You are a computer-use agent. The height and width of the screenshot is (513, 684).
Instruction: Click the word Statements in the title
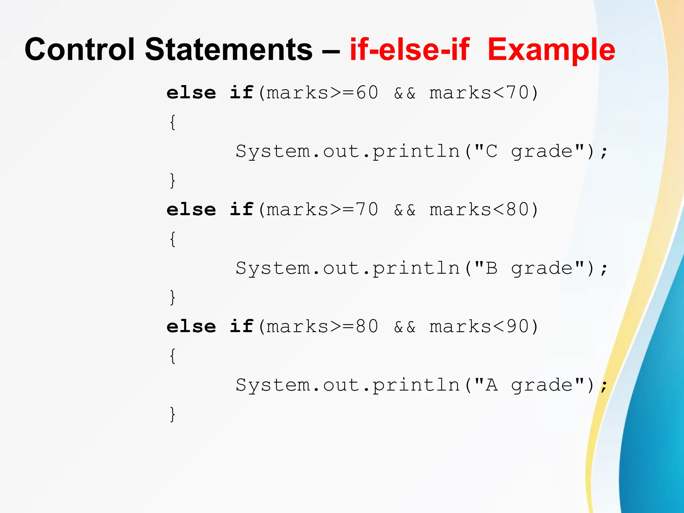point(228,49)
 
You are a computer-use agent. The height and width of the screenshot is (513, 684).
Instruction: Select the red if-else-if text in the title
point(409,49)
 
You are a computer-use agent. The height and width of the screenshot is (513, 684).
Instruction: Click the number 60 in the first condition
point(367,93)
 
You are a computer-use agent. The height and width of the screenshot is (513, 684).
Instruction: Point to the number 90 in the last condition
point(517,326)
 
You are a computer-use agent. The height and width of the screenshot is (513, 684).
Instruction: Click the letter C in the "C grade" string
point(491,151)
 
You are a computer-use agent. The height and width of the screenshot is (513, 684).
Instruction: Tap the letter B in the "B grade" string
point(491,268)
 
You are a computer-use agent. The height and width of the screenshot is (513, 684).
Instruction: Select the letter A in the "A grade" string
point(491,385)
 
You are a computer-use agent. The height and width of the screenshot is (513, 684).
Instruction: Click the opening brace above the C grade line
point(172,122)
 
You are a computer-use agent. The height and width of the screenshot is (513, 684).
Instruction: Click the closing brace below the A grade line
point(172,414)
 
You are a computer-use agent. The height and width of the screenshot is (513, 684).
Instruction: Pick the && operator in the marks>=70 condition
point(405,210)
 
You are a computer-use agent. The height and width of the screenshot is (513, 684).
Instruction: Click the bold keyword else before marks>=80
point(191,326)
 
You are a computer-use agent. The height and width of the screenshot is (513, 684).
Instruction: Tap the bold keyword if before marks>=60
point(241,93)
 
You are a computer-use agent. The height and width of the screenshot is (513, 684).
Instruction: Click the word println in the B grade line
point(416,268)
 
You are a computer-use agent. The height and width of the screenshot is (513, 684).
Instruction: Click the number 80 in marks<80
point(517,209)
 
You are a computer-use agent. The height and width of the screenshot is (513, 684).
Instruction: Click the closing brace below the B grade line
point(172,297)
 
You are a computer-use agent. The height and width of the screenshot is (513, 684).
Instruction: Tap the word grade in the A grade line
point(542,385)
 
